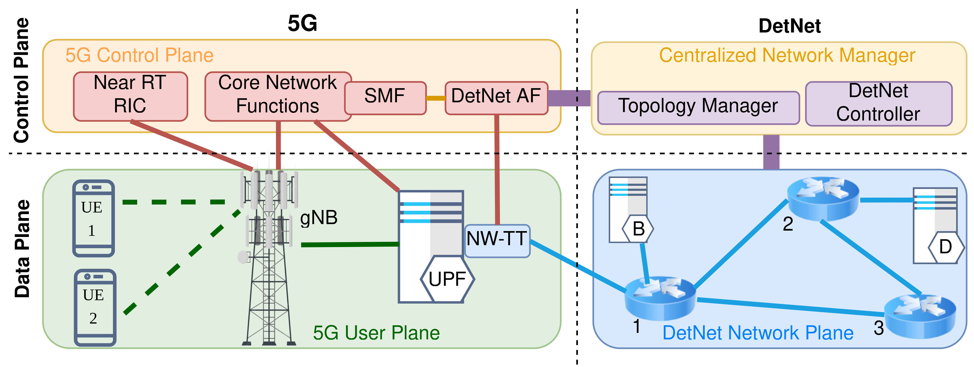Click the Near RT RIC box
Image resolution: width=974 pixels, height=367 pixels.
[x=131, y=96]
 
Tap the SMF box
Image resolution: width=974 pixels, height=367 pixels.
[x=385, y=98]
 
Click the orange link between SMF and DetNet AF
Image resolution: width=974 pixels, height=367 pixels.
[x=436, y=98]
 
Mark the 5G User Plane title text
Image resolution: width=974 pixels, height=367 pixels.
[x=376, y=333]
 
